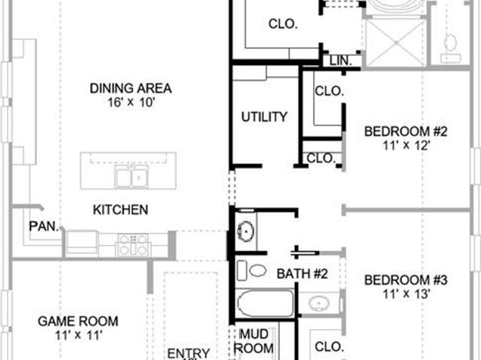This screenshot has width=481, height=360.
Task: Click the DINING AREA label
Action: [130, 89]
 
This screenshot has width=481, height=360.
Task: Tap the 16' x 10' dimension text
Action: [130, 102]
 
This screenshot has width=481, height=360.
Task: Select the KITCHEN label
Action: [120, 210]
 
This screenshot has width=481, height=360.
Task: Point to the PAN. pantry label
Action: [44, 226]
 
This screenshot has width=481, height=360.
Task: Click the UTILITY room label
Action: [264, 116]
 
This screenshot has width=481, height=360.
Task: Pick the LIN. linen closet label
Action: [340, 61]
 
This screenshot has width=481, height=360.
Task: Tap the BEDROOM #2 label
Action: [406, 132]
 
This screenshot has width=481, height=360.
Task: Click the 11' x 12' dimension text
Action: [406, 145]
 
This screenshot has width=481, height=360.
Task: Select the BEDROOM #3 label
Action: [406, 280]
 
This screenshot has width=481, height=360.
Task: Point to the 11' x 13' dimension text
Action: [406, 294]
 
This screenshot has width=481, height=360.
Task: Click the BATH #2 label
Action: [302, 274]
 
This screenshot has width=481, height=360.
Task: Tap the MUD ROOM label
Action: [254, 341]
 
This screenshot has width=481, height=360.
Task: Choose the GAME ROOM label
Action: [78, 322]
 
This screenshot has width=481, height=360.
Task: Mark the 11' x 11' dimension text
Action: [78, 335]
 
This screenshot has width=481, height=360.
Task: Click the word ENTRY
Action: [189, 353]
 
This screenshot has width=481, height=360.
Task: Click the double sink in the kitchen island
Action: [132, 177]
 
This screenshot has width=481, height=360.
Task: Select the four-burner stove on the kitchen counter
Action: [133, 245]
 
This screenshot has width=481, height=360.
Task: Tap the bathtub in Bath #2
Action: [265, 304]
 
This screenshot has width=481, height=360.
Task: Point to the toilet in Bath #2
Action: [252, 270]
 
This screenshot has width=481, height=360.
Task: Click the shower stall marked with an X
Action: [396, 42]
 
